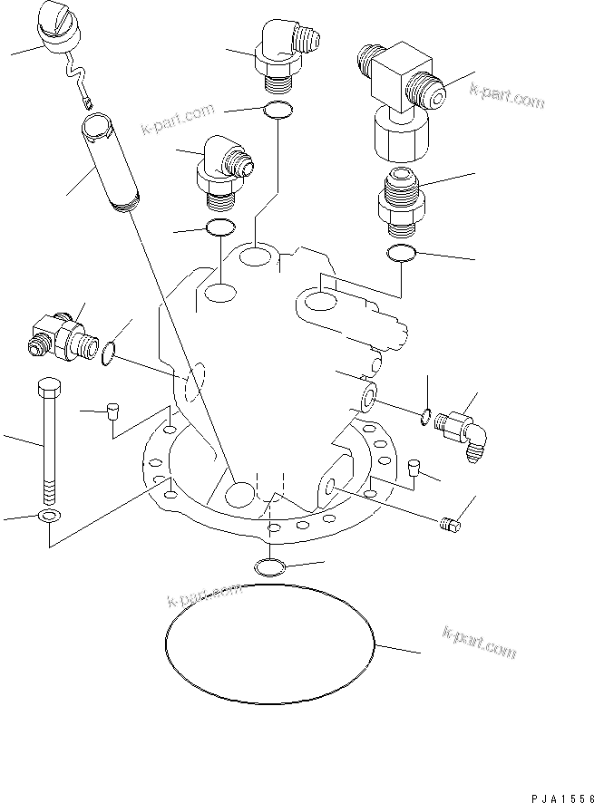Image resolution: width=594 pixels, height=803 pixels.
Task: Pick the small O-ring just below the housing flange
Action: click(x=271, y=568)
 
